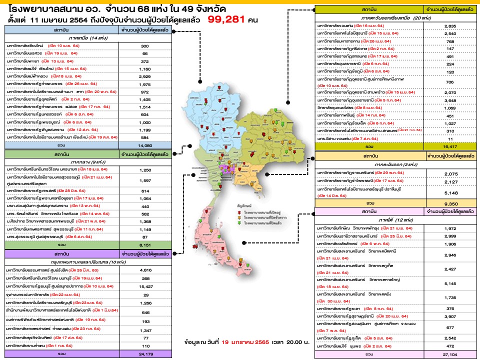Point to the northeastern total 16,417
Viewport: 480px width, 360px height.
(448, 147)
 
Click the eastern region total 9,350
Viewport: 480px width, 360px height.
(448, 204)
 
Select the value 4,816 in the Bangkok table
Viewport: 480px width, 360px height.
(146, 270)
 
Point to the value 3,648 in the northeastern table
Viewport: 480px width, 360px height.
(448, 100)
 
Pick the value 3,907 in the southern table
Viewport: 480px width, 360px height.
(448, 316)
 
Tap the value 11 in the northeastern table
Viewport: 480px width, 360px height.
(448, 138)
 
